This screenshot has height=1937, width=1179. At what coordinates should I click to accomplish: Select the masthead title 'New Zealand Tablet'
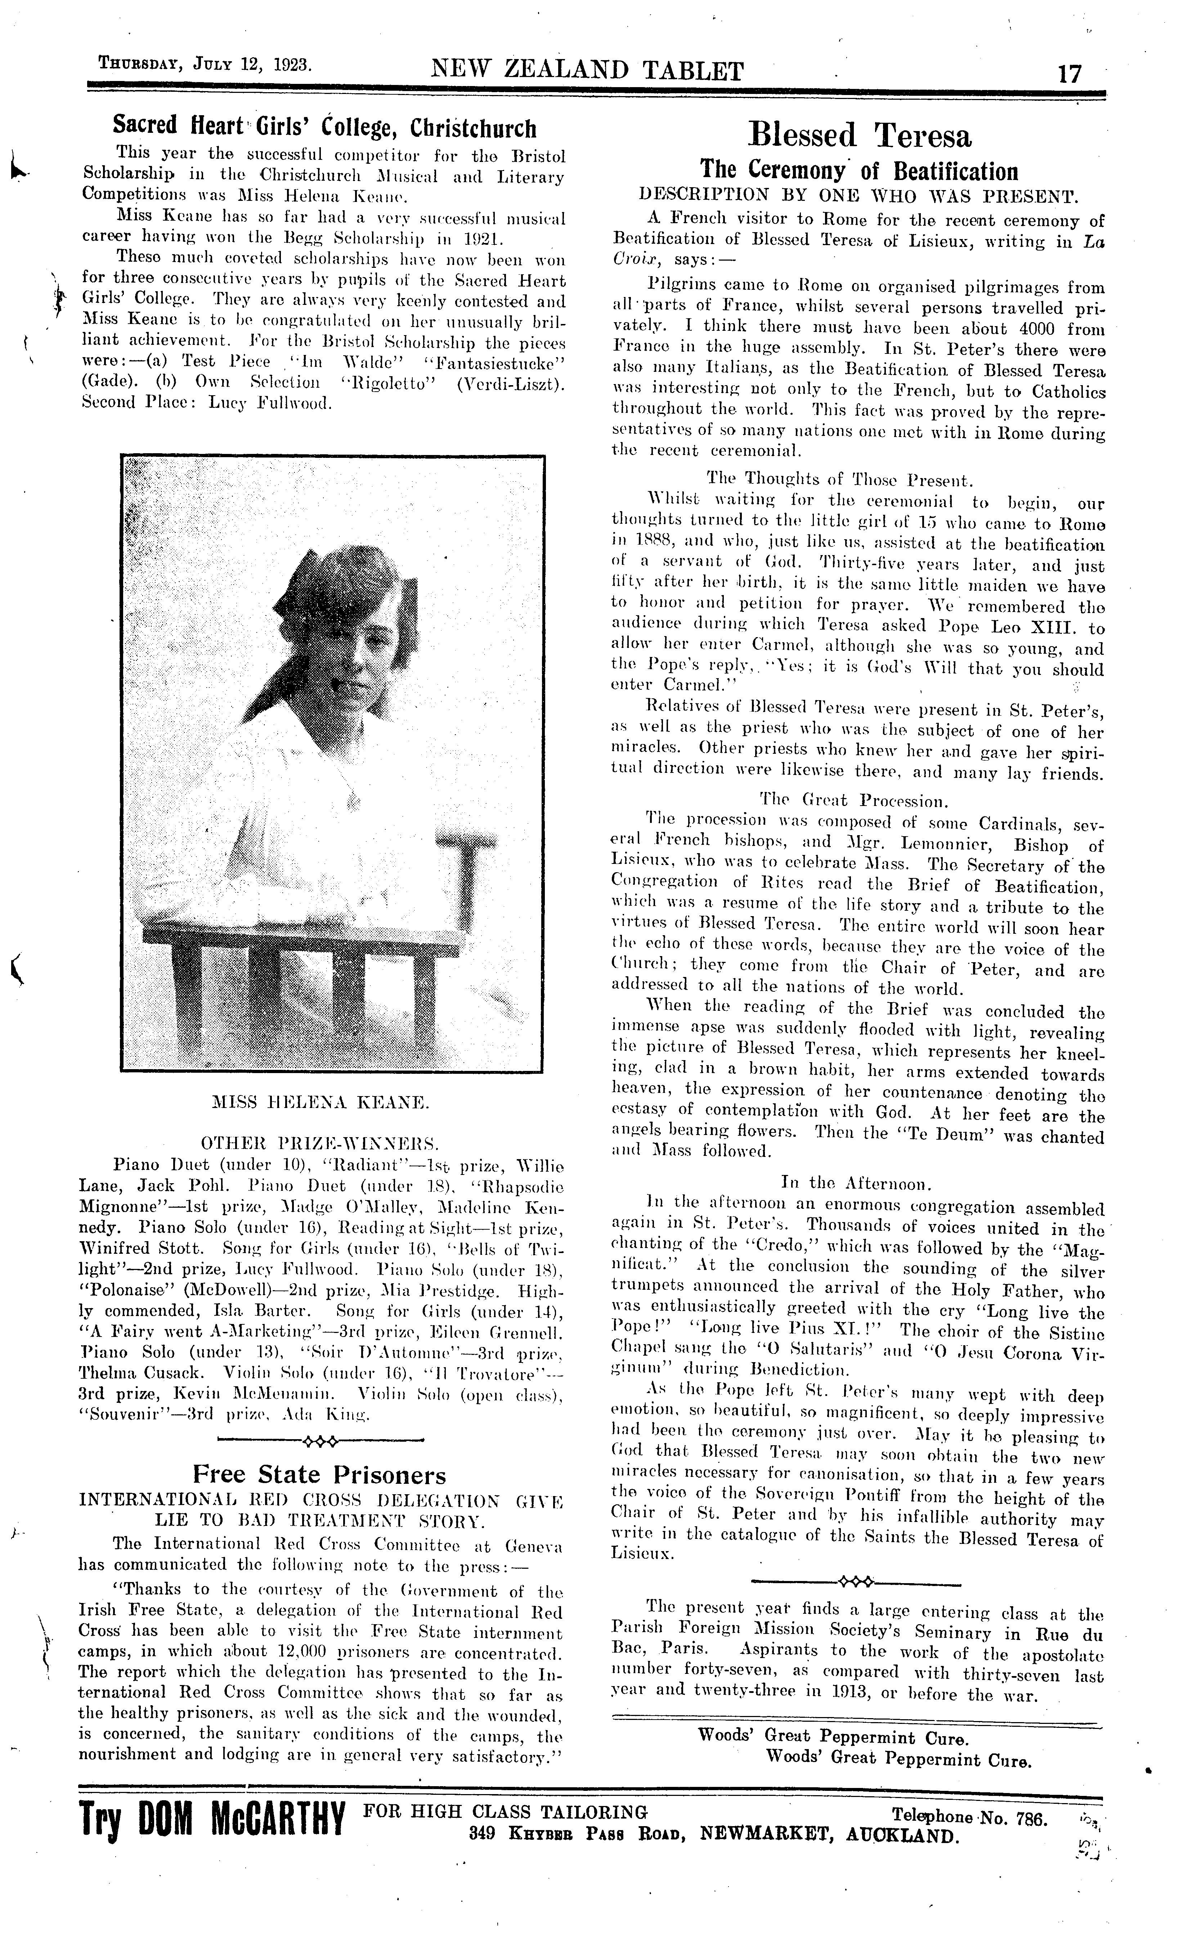587,72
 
